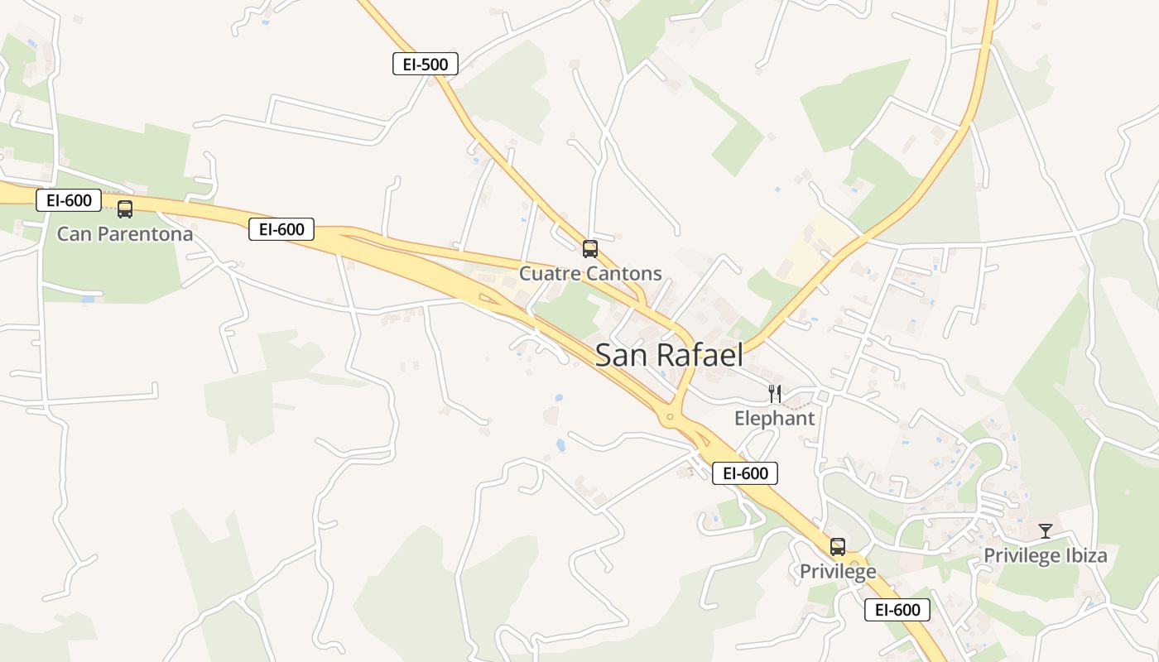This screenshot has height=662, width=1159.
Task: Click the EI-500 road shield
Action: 425,64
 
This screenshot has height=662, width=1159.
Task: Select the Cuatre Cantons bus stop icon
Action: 589,248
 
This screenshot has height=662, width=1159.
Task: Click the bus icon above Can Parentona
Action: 125,209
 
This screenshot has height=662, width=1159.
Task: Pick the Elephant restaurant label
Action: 774,418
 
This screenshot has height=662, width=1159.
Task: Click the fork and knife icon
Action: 774,393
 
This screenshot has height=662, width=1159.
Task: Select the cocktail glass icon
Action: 1046,530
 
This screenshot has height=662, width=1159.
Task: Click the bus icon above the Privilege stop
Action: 838,546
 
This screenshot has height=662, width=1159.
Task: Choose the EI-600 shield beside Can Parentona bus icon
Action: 69,199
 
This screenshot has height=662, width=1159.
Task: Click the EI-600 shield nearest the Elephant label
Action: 745,473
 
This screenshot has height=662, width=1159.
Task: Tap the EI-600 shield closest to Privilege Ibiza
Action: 897,610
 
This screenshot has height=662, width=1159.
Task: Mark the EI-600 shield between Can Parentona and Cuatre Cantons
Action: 281,229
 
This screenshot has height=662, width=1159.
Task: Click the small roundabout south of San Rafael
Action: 670,418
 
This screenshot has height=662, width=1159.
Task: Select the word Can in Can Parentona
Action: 74,234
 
